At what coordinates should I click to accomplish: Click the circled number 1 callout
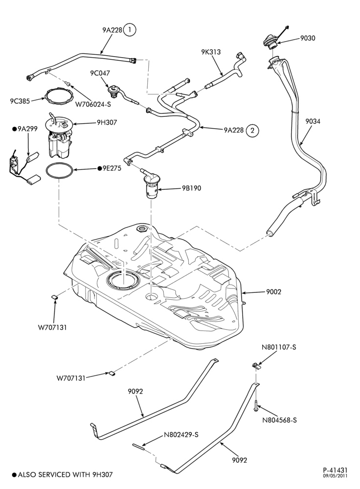130,30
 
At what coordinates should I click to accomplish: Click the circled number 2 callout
252,131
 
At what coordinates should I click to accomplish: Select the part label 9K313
211,52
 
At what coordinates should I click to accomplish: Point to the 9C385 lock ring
59,97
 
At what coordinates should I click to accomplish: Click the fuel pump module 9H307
59,135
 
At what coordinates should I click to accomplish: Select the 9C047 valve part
112,89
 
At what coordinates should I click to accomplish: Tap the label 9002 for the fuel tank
273,292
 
